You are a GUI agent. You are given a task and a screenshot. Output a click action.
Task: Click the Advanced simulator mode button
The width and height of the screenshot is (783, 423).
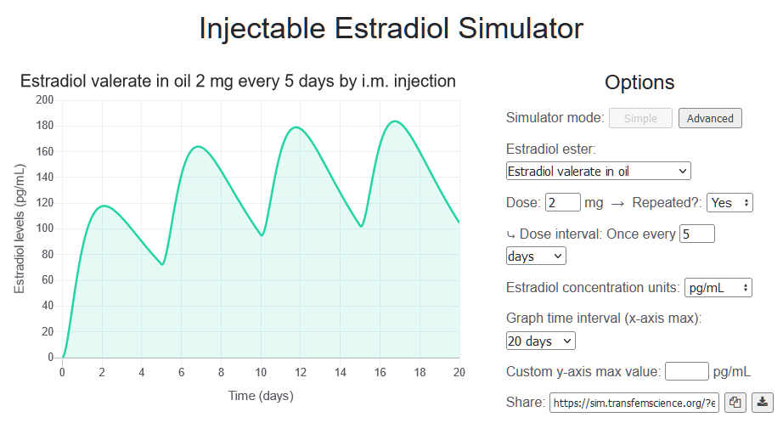(x=710, y=118)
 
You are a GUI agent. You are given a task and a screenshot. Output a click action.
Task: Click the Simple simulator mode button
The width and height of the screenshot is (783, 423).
(x=640, y=118)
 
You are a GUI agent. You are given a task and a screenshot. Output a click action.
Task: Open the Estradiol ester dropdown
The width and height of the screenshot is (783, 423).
(x=598, y=171)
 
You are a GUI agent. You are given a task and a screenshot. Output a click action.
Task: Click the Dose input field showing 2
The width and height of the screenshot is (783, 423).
(x=562, y=203)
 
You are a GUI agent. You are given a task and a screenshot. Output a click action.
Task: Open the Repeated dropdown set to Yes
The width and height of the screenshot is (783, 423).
(x=729, y=203)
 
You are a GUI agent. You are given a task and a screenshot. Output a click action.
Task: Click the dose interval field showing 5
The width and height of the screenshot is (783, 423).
(x=697, y=234)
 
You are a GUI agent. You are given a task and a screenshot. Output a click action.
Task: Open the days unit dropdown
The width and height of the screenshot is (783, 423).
(x=535, y=256)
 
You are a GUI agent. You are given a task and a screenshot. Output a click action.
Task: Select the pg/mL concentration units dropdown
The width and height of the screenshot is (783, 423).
(x=718, y=287)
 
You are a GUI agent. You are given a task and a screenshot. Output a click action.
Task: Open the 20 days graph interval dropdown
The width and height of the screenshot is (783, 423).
(x=540, y=341)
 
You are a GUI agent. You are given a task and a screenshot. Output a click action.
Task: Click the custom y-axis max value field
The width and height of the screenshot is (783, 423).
(x=686, y=371)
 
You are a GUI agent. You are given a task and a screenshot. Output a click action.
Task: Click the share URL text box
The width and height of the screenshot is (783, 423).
(x=634, y=402)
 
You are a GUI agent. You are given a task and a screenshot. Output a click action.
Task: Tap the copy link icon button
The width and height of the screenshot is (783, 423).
(x=735, y=402)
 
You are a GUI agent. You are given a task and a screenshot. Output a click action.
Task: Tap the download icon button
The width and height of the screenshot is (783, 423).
(x=763, y=402)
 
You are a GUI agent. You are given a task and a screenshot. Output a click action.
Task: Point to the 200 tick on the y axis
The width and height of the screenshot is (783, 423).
(x=45, y=100)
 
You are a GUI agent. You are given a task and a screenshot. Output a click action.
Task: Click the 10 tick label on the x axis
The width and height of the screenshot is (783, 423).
(x=261, y=372)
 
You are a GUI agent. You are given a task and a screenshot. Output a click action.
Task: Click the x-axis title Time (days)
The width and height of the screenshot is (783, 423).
(x=261, y=396)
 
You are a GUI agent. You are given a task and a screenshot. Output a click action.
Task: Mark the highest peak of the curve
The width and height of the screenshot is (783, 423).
(x=394, y=121)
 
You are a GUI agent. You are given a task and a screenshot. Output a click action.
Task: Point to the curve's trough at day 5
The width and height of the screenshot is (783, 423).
(x=162, y=264)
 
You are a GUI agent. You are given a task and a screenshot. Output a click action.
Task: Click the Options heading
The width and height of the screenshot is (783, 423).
(x=639, y=82)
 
